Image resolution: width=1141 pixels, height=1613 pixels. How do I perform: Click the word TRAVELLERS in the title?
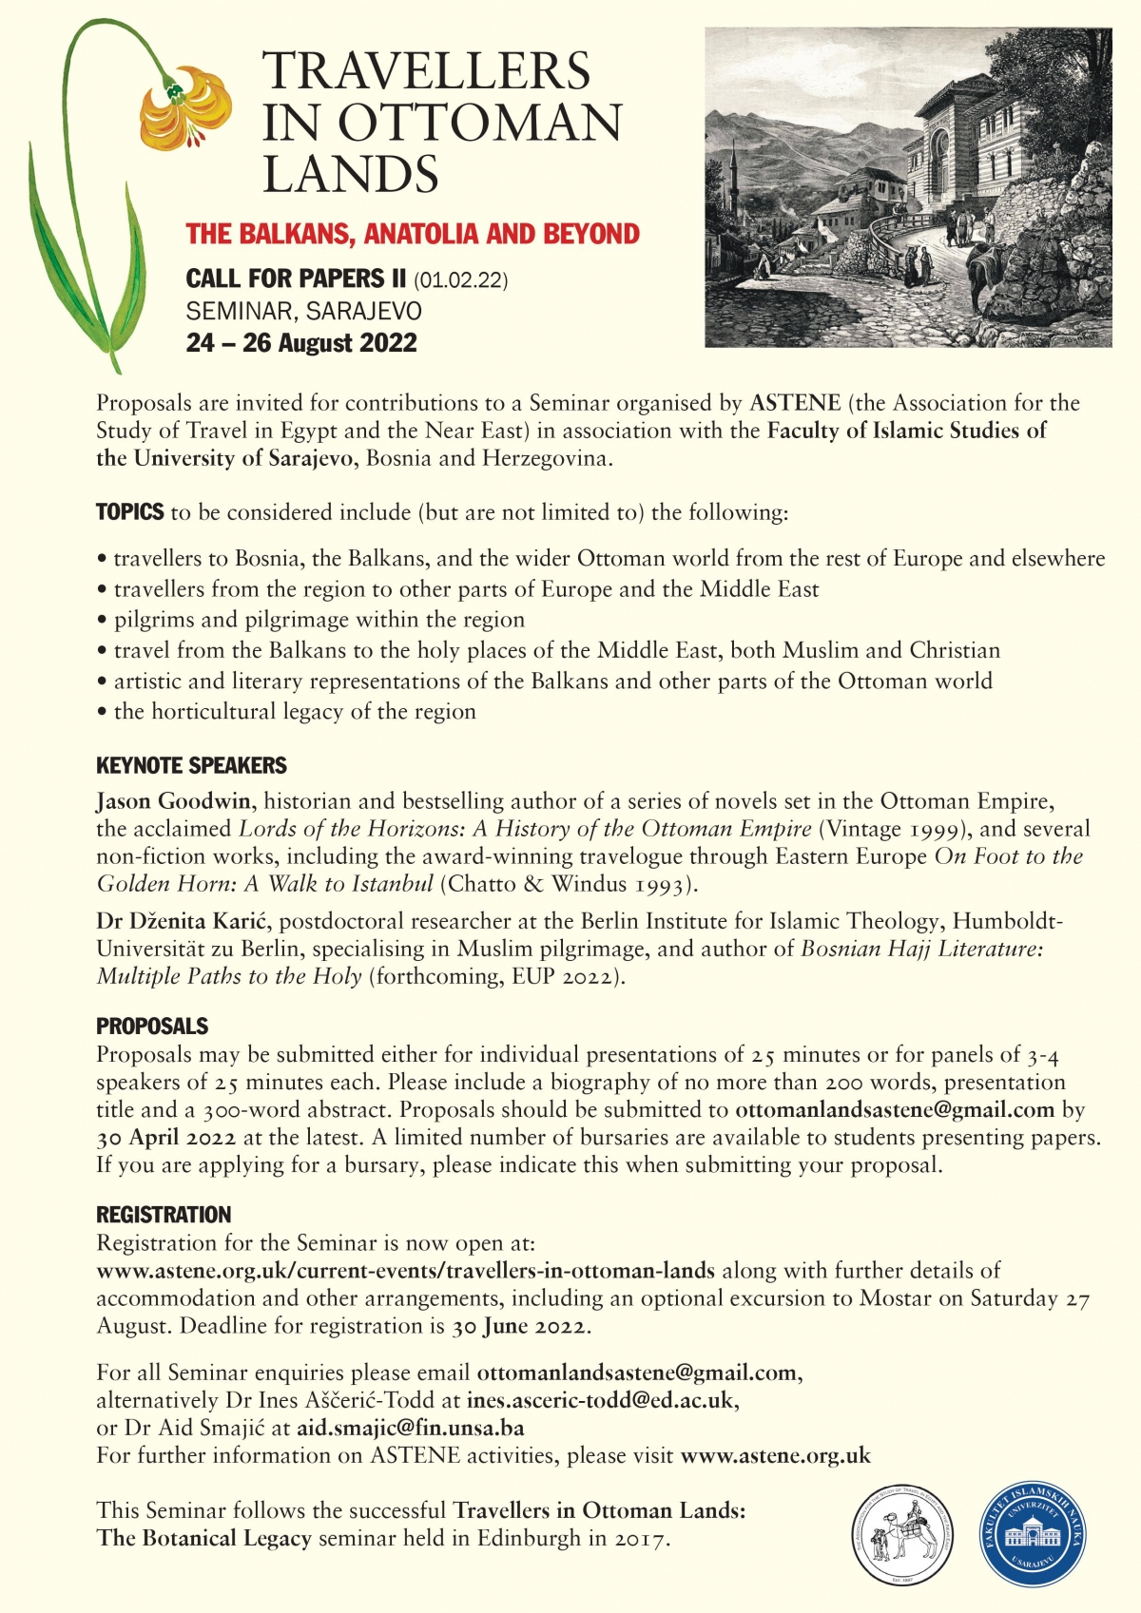(x=426, y=71)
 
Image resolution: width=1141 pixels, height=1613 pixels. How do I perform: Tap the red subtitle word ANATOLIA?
(x=443, y=234)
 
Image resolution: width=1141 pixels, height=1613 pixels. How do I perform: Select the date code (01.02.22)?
(x=460, y=280)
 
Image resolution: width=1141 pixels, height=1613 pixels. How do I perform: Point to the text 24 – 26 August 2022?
(x=301, y=343)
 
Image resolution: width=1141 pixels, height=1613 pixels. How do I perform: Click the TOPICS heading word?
(x=129, y=512)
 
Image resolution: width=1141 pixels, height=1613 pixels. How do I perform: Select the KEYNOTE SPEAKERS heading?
(x=191, y=766)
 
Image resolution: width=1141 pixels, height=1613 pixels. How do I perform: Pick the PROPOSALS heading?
(x=152, y=1027)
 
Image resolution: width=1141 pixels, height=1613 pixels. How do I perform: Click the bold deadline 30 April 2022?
(x=166, y=1138)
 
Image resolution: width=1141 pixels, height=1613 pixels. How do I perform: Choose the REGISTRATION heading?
(x=164, y=1215)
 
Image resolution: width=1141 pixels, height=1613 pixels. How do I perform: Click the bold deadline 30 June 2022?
(x=521, y=1326)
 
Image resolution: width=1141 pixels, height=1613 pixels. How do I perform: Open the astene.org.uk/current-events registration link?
(x=405, y=1271)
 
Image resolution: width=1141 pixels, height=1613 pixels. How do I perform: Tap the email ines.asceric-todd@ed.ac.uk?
(x=601, y=1400)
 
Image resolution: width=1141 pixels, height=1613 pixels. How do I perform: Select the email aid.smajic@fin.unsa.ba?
(x=410, y=1428)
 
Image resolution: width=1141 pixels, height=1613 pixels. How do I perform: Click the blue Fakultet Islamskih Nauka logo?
(x=1033, y=1531)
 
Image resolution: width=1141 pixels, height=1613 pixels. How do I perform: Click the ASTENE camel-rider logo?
(x=900, y=1531)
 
